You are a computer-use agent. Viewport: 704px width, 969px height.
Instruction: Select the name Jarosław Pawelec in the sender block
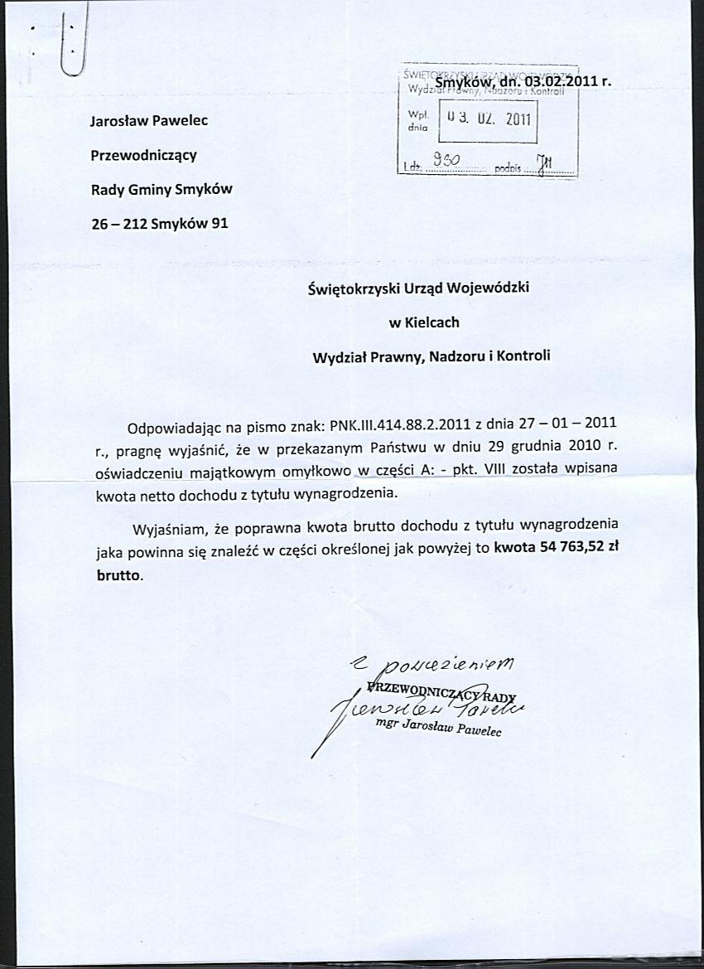tap(149, 120)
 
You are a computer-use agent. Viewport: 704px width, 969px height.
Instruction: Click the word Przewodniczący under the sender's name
tap(143, 155)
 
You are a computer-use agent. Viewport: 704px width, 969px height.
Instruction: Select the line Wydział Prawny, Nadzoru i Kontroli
tap(431, 357)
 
